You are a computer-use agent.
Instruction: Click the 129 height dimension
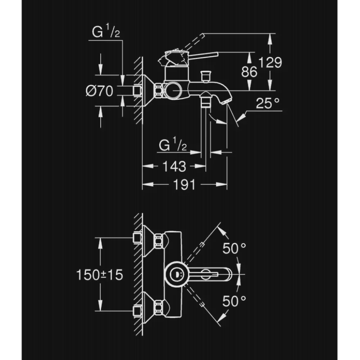tap(270, 62)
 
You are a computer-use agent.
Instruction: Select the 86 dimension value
tap(249, 72)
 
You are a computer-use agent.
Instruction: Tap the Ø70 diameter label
tap(99, 91)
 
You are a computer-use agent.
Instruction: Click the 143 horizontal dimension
tap(174, 166)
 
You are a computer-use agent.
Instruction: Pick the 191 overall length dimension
tap(184, 184)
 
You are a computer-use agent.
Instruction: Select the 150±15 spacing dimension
tap(99, 274)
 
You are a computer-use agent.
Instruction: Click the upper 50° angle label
tap(234, 248)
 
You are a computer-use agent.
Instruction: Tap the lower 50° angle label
tap(234, 301)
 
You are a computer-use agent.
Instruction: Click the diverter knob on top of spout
tap(206, 76)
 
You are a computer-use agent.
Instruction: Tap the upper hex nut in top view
tap(159, 241)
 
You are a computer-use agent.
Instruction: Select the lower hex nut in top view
tap(159, 308)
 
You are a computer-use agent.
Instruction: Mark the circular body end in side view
tap(173, 91)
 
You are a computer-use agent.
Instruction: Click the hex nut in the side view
tap(159, 90)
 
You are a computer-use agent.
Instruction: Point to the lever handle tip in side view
tap(216, 54)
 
